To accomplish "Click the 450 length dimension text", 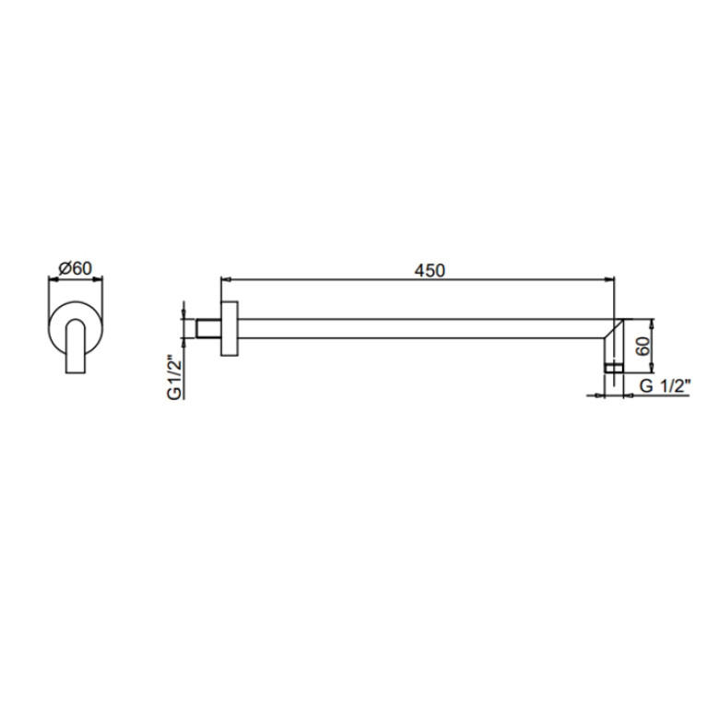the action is (430, 270).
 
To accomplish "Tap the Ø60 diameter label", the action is (76, 269).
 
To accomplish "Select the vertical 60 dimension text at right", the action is (644, 347).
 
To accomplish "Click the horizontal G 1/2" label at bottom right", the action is (666, 386).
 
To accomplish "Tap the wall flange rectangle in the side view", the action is (229, 329).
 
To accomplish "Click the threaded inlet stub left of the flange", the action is (208, 328).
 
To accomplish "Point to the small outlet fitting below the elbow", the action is (614, 369).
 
